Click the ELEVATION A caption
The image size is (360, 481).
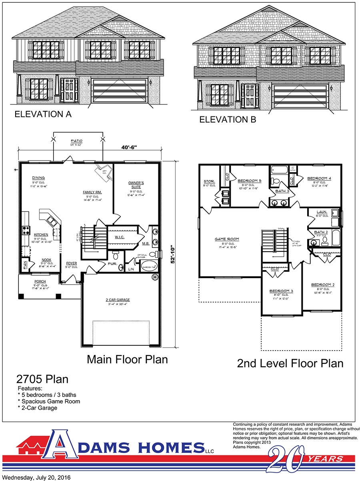[43, 114]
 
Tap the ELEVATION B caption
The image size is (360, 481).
[228, 119]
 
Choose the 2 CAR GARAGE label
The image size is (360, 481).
[118, 300]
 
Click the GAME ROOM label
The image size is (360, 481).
[227, 239]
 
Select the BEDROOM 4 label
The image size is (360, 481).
[319, 178]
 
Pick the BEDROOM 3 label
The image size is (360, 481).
[281, 291]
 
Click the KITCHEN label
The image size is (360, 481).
[41, 234]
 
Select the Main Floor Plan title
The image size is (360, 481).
[127, 359]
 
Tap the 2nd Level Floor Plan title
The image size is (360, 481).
[290, 363]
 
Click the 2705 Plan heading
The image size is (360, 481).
[42, 379]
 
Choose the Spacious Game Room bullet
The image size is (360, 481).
[51, 401]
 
